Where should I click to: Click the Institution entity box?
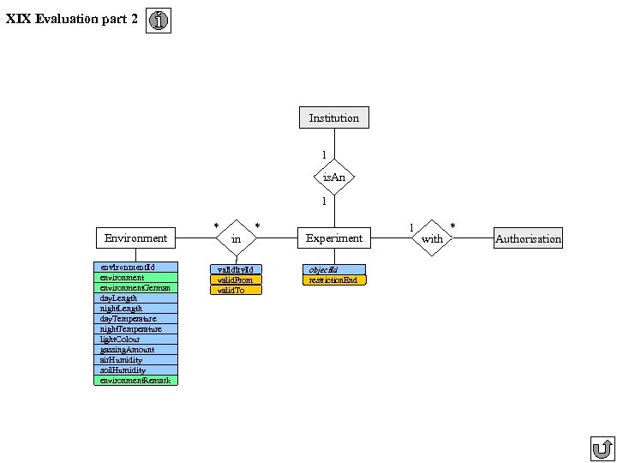(x=334, y=117)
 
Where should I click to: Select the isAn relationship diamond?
(x=334, y=177)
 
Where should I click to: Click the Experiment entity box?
(x=334, y=238)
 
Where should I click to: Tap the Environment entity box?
(x=135, y=238)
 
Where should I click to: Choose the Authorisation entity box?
(x=528, y=238)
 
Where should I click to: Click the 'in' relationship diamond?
(x=237, y=238)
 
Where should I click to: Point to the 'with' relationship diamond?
(x=432, y=238)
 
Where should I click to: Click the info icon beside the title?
(x=159, y=21)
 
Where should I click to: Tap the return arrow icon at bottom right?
(x=602, y=448)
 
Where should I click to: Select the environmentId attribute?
(x=135, y=268)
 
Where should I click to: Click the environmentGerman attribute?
(x=135, y=288)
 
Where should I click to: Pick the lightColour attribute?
(x=135, y=340)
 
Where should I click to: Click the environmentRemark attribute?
(x=135, y=381)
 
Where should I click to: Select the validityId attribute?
(x=236, y=269)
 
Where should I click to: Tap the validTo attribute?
(x=236, y=291)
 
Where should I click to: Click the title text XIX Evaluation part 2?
(x=71, y=19)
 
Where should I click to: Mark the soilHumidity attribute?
(x=135, y=370)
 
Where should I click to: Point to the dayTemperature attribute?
(x=135, y=319)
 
